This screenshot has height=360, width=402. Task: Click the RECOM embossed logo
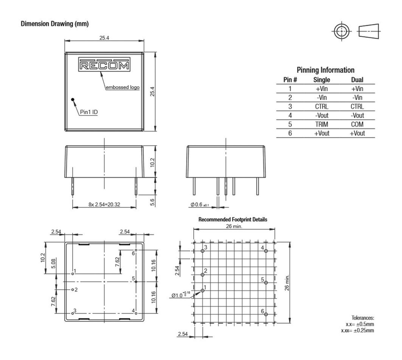coord(104,64)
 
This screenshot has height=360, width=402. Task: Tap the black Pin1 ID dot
coord(73,99)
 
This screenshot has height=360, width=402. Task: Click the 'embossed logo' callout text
coord(123,87)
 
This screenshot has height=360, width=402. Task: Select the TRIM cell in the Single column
coord(322,124)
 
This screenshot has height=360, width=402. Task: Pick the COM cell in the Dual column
coord(357,124)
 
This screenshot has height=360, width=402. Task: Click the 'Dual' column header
coord(357,80)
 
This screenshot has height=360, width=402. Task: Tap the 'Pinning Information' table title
coord(325,70)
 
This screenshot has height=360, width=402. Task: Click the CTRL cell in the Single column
coord(322,106)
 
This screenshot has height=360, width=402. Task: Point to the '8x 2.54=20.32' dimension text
coord(104,204)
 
